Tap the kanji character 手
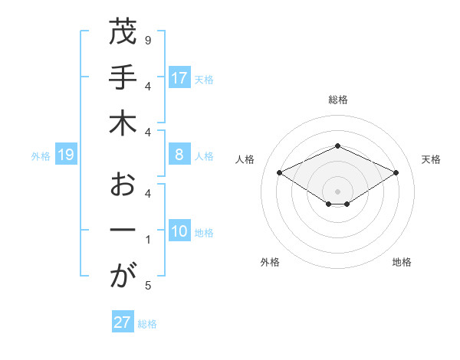click(123, 79)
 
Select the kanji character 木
click(123, 124)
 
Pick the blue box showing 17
click(179, 78)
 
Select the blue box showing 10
click(179, 232)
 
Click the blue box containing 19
click(66, 155)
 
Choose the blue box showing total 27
click(123, 322)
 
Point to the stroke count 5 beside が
click(148, 286)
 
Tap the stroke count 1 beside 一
click(148, 240)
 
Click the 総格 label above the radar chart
click(337, 100)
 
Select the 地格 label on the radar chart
click(402, 262)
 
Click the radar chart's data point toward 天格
click(396, 172)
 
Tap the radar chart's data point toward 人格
click(279, 172)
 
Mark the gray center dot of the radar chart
click(337, 191)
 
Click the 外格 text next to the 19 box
click(41, 156)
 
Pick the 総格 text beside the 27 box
click(147, 324)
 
